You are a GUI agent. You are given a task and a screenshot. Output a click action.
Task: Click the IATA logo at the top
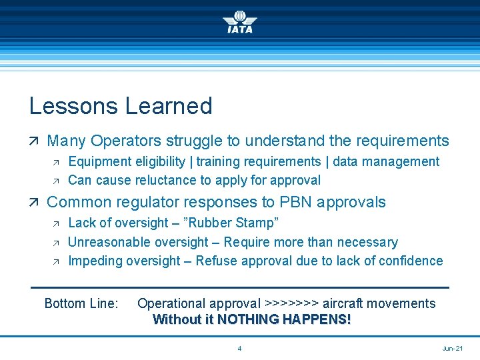click(x=239, y=21)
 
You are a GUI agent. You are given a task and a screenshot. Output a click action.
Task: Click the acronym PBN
click(x=309, y=202)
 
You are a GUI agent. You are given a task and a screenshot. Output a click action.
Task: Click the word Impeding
click(x=95, y=261)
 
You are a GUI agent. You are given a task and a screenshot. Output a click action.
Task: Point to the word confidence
click(x=411, y=261)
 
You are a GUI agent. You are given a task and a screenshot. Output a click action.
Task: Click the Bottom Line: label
click(x=81, y=303)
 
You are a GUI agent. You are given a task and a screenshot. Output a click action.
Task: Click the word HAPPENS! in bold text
click(x=317, y=319)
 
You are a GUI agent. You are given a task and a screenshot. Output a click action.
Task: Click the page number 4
click(x=239, y=349)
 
